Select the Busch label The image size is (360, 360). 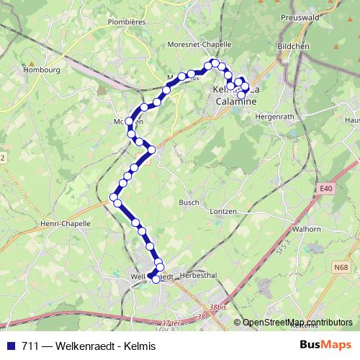coord(189,203)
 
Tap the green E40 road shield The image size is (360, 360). coord(327,189)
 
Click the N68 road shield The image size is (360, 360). coord(341,268)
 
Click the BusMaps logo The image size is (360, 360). coord(325,345)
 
